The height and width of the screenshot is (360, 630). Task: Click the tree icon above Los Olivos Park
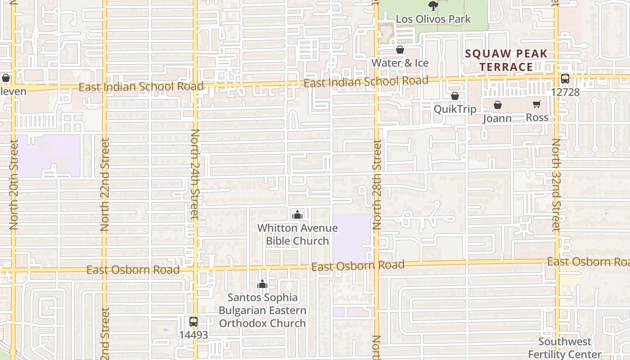(433, 6)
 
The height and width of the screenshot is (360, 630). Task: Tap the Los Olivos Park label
(433, 19)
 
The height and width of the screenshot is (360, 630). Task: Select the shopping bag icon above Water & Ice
(400, 49)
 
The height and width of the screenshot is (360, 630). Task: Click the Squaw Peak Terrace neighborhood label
(506, 60)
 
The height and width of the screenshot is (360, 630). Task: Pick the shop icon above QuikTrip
(454, 96)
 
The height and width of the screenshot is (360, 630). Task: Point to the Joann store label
(497, 118)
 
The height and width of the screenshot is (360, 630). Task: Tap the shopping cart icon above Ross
(536, 104)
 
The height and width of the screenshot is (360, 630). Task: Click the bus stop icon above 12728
(565, 79)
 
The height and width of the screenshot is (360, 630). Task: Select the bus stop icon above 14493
(193, 322)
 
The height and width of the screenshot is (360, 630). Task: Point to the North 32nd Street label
(556, 184)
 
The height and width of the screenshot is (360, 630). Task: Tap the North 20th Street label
(13, 184)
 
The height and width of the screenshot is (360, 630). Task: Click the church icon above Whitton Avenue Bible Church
(297, 215)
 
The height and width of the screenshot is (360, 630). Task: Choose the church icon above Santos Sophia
(262, 284)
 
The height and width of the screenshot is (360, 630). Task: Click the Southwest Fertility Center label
(565, 348)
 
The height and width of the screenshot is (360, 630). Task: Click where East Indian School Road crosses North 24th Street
(195, 86)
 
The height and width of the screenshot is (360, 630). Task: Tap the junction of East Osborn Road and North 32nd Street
(557, 261)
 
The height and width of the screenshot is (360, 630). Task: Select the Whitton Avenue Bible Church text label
(297, 234)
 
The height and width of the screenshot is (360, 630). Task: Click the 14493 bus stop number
(193, 335)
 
